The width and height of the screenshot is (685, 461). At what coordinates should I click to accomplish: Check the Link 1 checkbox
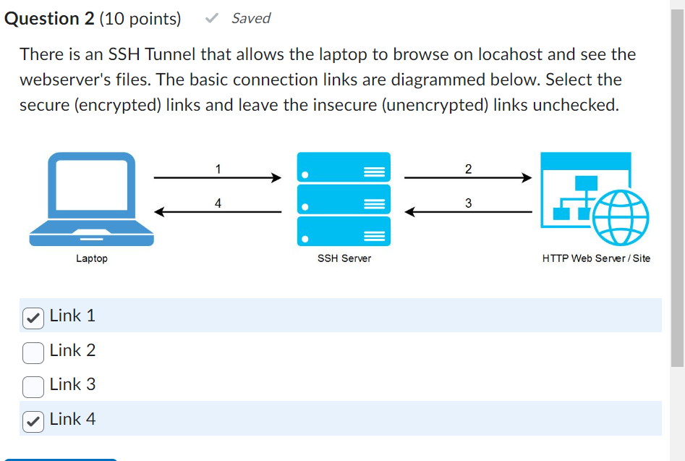pyautogui.click(x=33, y=316)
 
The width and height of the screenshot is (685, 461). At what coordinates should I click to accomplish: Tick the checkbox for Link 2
pyautogui.click(x=33, y=351)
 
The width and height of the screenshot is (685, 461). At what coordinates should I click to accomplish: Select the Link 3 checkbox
pyautogui.click(x=33, y=386)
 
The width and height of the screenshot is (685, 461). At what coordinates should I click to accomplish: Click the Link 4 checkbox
pyautogui.click(x=33, y=420)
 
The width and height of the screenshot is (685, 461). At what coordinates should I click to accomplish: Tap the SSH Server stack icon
pyautogui.click(x=344, y=198)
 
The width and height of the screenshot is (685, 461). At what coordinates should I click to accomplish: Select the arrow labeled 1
pyautogui.click(x=217, y=177)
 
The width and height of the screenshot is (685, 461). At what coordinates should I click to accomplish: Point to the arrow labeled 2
pyautogui.click(x=467, y=177)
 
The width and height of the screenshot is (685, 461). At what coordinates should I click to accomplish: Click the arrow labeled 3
pyautogui.click(x=467, y=212)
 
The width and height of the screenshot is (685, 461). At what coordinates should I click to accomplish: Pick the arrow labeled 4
pyautogui.click(x=217, y=212)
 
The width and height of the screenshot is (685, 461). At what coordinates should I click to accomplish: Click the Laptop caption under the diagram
pyautogui.click(x=92, y=258)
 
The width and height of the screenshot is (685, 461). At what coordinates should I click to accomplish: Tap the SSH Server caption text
pyautogui.click(x=344, y=258)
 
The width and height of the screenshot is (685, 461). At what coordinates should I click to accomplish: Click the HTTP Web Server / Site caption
pyautogui.click(x=596, y=258)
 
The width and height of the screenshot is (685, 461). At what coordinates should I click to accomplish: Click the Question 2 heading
pyautogui.click(x=49, y=19)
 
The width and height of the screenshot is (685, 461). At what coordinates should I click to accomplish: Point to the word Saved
pyautogui.click(x=251, y=19)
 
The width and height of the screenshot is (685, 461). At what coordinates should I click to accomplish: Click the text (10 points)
pyautogui.click(x=140, y=19)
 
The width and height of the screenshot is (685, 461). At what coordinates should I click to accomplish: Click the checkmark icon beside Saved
pyautogui.click(x=212, y=19)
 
